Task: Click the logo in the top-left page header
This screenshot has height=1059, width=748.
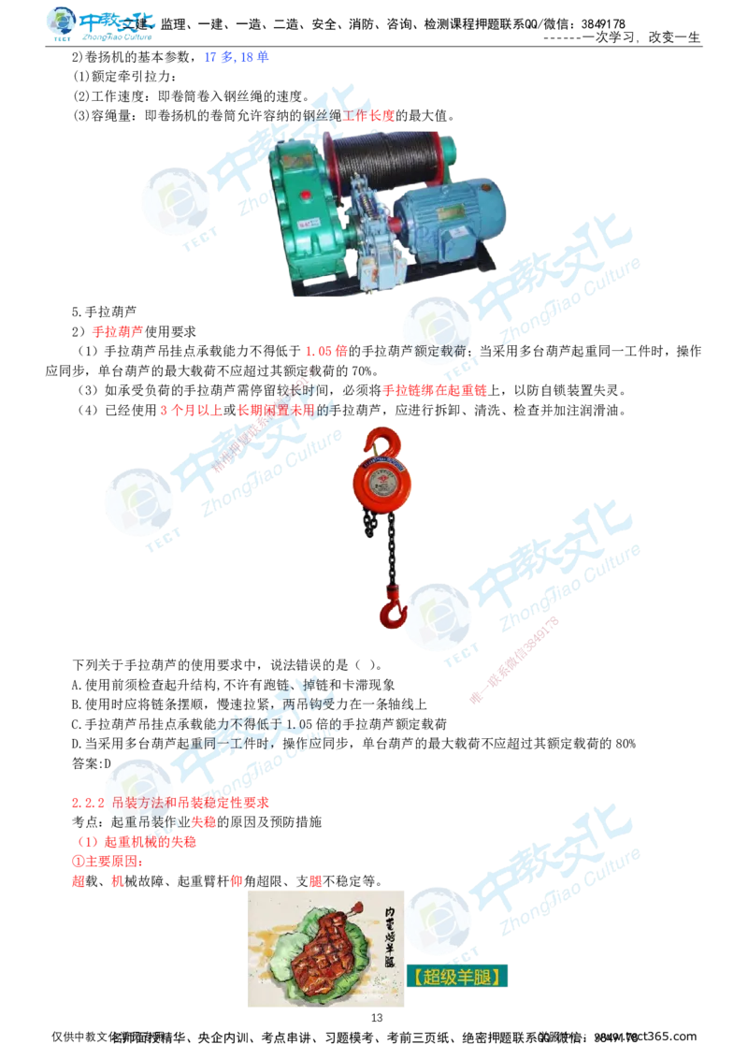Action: [x=100, y=23]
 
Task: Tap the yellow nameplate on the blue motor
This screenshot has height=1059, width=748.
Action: [x=455, y=230]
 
